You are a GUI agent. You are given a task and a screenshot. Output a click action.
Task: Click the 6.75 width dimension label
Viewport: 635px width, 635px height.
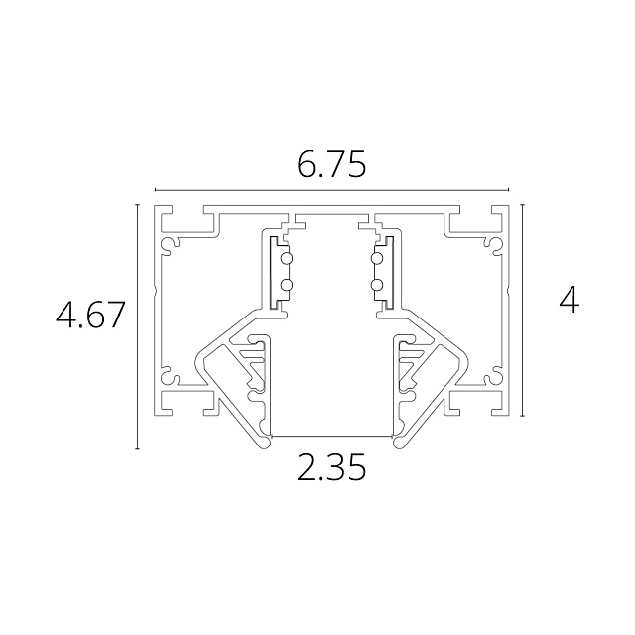(331, 164)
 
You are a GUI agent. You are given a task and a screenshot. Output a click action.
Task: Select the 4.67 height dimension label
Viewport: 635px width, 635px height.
(89, 315)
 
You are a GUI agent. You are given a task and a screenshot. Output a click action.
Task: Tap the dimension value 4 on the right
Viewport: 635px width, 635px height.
(569, 302)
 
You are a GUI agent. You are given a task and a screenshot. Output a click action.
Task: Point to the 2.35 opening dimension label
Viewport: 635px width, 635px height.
(331, 467)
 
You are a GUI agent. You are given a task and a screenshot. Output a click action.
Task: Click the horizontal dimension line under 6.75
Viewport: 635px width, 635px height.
(331, 190)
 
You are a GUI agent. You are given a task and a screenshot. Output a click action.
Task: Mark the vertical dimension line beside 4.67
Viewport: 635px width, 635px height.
(138, 327)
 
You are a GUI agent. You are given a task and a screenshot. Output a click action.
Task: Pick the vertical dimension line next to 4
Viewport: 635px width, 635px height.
(523, 311)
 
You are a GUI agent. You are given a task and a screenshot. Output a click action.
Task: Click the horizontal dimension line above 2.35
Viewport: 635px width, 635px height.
(331, 436)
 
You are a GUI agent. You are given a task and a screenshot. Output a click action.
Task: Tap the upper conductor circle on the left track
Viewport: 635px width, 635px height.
(287, 258)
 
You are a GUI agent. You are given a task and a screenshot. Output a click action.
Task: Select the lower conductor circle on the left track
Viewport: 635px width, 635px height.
(287, 285)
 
